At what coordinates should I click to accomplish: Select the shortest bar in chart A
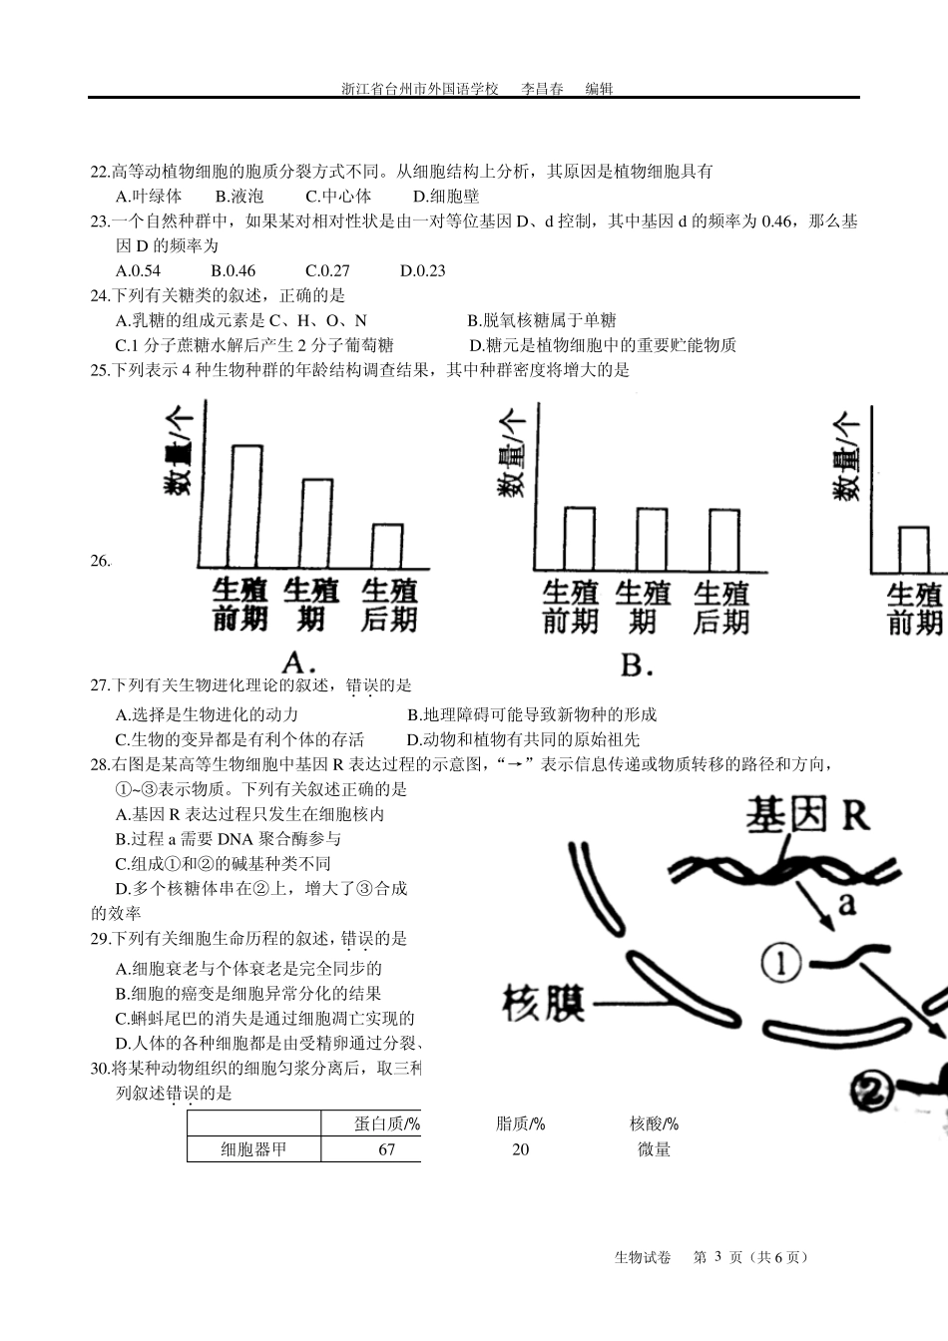pyautogui.click(x=387, y=546)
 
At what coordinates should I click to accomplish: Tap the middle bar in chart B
pyautogui.click(x=653, y=540)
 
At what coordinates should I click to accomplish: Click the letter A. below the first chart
pyautogui.click(x=299, y=661)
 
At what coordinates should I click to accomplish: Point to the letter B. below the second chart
pyautogui.click(x=636, y=666)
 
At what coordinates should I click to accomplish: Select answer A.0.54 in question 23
pyautogui.click(x=138, y=270)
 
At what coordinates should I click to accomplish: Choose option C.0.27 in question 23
pyautogui.click(x=327, y=270)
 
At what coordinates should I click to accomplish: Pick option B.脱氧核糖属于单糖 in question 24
pyautogui.click(x=542, y=320)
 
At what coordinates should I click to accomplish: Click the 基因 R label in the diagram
pyautogui.click(x=807, y=815)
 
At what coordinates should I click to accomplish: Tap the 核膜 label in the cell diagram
pyautogui.click(x=543, y=1003)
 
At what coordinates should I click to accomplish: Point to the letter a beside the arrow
pyautogui.click(x=847, y=904)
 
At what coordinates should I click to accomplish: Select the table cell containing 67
pyautogui.click(x=387, y=1149)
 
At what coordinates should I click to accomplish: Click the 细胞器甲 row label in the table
pyautogui.click(x=253, y=1149)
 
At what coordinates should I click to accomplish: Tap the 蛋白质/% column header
pyautogui.click(x=387, y=1123)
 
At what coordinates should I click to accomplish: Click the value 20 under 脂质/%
pyautogui.click(x=520, y=1149)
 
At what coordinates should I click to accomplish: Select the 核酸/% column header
pyautogui.click(x=654, y=1123)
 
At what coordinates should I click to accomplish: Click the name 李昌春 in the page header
pyautogui.click(x=543, y=89)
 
